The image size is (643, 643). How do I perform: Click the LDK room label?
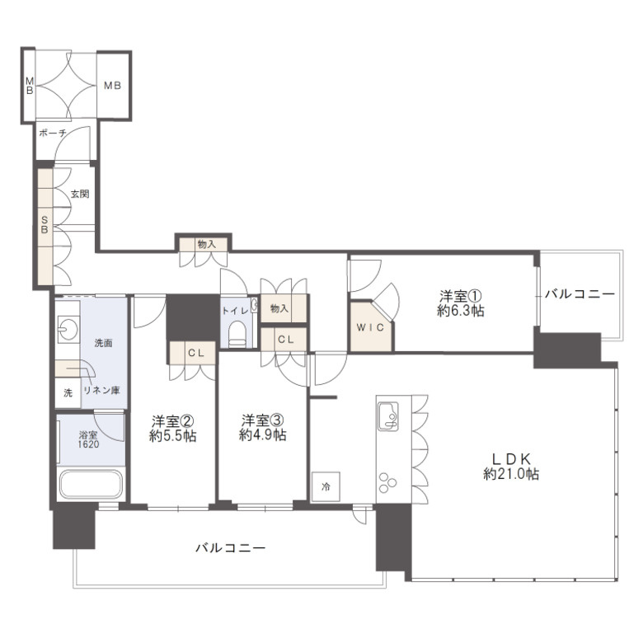click(511, 458)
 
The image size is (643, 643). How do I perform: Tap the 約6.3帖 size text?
click(461, 311)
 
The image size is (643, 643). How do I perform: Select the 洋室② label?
click(172, 420)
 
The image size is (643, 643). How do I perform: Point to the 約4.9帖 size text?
click(262, 435)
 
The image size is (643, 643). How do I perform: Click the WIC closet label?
click(370, 327)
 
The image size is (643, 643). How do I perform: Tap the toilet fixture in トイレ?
click(237, 334)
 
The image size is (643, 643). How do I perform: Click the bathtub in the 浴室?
click(91, 484)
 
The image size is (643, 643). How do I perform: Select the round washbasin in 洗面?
click(68, 327)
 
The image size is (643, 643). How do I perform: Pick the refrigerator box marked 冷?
click(326, 486)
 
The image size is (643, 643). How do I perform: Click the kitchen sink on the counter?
click(388, 416)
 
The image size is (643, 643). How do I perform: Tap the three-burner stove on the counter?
click(388, 482)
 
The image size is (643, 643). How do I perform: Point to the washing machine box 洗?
click(68, 393)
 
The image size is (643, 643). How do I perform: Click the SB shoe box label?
click(45, 225)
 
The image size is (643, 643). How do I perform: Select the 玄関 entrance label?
click(80, 194)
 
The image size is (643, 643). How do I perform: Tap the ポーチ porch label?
click(53, 134)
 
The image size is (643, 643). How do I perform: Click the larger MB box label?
click(112, 86)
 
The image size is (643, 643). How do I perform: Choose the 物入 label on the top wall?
click(206, 244)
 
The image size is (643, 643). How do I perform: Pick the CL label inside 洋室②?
click(196, 353)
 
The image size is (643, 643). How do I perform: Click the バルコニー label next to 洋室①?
click(580, 294)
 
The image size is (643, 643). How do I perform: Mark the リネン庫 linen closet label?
click(101, 391)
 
